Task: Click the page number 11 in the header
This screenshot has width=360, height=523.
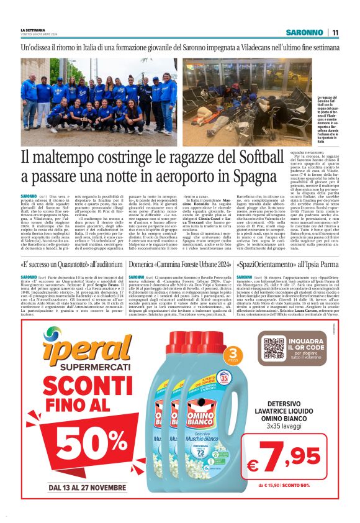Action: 335,32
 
